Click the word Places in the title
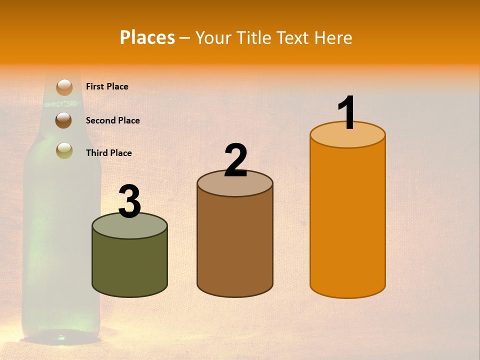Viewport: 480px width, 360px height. pos(147,37)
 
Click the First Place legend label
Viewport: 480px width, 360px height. pos(107,86)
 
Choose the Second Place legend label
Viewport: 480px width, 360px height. pos(112,120)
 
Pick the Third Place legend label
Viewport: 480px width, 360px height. pos(108,153)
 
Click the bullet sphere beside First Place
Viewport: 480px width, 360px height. pos(64,87)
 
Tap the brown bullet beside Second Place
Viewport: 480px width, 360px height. pos(63,120)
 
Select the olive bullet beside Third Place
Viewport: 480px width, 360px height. pos(64,150)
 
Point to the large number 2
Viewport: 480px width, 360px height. pos(235,160)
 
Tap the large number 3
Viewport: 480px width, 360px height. pos(130,201)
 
